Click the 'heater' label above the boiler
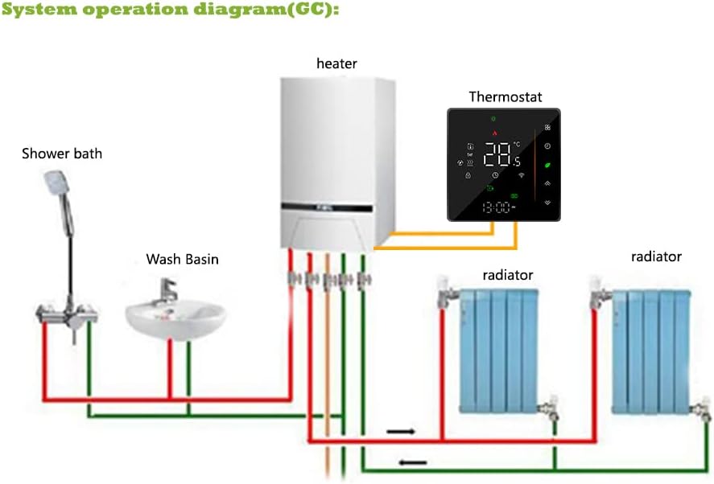pyautogui.click(x=336, y=63)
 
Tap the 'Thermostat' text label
pyautogui.click(x=505, y=96)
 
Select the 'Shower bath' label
pyautogui.click(x=62, y=153)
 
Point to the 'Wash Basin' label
pyautogui.click(x=182, y=259)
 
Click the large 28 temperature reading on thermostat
pyautogui.click(x=497, y=153)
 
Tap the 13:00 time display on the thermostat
pyautogui.click(x=496, y=207)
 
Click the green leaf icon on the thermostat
pyautogui.click(x=547, y=165)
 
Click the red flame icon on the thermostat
pyautogui.click(x=496, y=133)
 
